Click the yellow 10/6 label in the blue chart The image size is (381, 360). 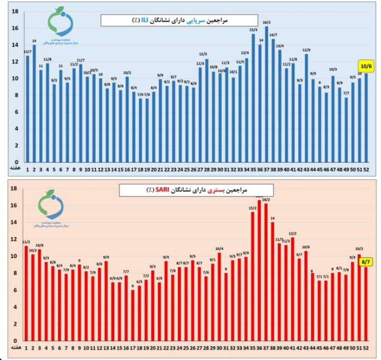point(366,66)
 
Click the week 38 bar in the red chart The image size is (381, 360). point(273,281)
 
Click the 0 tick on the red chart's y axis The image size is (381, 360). point(16,340)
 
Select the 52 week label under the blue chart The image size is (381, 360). point(366,169)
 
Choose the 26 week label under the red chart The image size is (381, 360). point(193,348)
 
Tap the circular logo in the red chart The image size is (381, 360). point(52,204)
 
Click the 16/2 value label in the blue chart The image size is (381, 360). point(267,23)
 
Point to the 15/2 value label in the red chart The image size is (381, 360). point(253,208)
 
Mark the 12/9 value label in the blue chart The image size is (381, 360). point(306,50)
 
